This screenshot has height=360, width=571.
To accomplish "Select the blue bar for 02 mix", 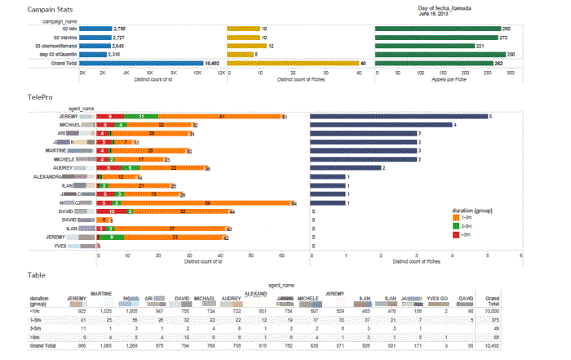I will [95, 28].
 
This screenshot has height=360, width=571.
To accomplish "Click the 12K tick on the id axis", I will [220, 73].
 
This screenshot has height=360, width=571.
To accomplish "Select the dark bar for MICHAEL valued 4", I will [381, 125].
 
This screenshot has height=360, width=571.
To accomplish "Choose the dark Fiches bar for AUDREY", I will [346, 167].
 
